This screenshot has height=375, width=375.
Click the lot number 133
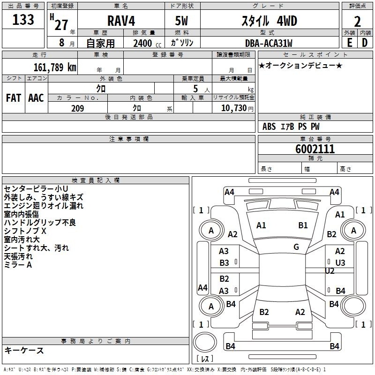point(23,20)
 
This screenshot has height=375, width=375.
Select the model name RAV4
point(121,21)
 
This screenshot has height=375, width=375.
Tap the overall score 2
point(357,22)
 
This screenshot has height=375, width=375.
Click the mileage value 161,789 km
point(55,67)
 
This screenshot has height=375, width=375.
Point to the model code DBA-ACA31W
point(269,43)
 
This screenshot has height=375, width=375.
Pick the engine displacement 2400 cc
point(147,43)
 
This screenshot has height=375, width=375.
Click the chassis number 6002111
point(315,149)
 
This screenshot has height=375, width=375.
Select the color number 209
point(78,108)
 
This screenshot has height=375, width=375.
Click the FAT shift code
point(14,98)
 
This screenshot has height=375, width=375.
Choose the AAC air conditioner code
point(36,98)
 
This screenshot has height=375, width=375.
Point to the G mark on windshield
point(296,247)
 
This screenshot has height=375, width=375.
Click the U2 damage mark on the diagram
point(330,271)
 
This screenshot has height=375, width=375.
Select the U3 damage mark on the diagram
point(340,263)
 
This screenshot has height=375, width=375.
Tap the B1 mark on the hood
point(303,225)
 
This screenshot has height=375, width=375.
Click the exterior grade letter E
point(349,43)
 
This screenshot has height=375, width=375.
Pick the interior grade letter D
point(365,43)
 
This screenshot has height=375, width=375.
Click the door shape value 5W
point(181,21)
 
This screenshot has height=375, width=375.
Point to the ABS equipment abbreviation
point(269,127)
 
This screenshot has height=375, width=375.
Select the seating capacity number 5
point(195,89)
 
